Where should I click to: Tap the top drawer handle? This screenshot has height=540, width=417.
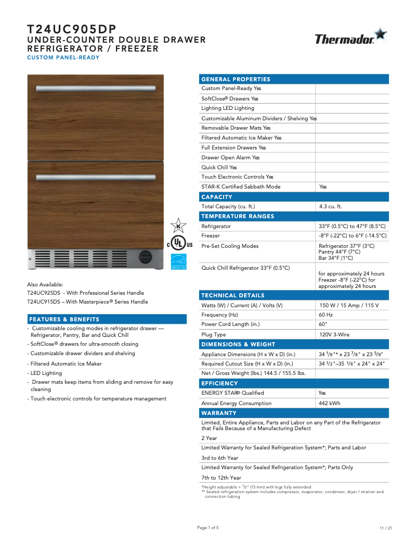tap(96, 88)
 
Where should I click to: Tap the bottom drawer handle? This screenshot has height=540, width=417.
tap(96, 177)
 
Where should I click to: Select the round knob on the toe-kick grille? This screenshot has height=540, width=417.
tap(146, 257)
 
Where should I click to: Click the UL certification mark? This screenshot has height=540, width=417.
tap(179, 244)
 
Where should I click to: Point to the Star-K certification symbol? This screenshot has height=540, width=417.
tap(178, 225)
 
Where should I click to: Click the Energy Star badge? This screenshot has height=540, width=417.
tap(178, 261)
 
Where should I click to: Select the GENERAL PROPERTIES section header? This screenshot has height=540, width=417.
tap(236, 79)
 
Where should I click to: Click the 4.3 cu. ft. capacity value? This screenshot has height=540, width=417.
tap(330, 207)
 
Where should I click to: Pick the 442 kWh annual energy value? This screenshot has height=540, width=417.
tap(330, 403)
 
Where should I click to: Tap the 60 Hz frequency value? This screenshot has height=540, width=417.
tap(325, 315)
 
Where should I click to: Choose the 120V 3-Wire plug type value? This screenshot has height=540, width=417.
tap(334, 335)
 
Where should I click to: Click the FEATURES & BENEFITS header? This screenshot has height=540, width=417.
tap(64, 319)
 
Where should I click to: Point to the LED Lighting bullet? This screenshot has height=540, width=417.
tap(46, 373)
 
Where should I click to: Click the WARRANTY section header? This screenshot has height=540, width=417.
tap(219, 413)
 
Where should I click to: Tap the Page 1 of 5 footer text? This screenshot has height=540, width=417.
tap(208, 528)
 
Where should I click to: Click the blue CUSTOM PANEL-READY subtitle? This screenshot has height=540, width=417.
tap(63, 57)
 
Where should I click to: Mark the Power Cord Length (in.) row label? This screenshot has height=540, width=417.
tap(231, 324)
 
